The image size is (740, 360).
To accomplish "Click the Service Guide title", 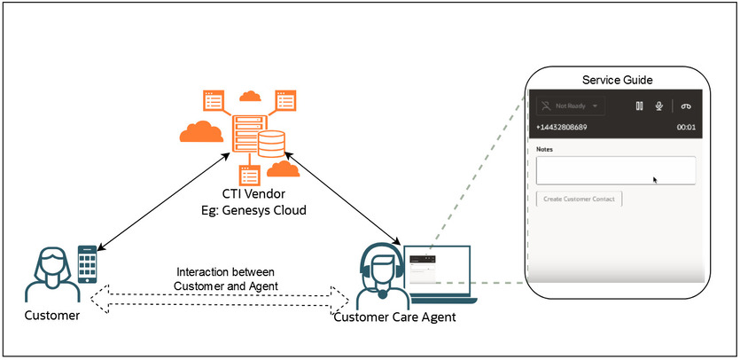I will [616, 80].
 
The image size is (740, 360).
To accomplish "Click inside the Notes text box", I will [615, 170].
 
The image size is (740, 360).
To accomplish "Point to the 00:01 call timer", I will [686, 128].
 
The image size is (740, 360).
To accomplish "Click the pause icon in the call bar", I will [638, 106].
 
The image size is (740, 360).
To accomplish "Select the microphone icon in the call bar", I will [658, 106].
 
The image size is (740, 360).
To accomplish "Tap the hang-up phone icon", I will [686, 106].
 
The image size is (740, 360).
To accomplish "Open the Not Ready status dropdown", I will [570, 106].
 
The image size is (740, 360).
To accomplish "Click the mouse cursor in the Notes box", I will [655, 179].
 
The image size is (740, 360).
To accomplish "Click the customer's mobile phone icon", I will [87, 263].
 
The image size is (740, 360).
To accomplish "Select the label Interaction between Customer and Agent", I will [228, 278].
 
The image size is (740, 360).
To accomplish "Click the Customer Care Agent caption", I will [394, 317].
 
